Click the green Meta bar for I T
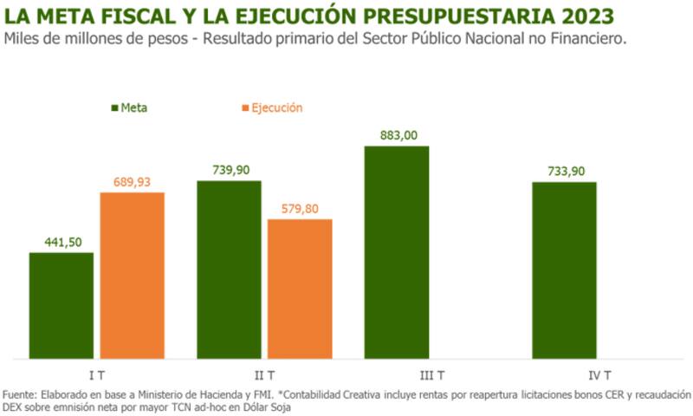[x=62, y=305]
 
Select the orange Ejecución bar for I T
[x=133, y=275]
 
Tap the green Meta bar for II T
[x=229, y=269]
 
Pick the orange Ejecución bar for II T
[x=300, y=289]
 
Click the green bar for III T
[x=397, y=251]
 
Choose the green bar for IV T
[x=564, y=270]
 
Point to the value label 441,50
[x=62, y=243]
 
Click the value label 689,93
[x=133, y=182]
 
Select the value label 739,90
[x=229, y=171]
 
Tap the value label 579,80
[x=300, y=210]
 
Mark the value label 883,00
[x=397, y=135]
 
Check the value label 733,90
[x=564, y=172]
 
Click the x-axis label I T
[x=97, y=375]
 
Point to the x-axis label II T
[x=264, y=375]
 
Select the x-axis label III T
[x=431, y=375]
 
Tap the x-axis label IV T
[x=599, y=375]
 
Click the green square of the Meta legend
[x=114, y=108]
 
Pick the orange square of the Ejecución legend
[x=244, y=108]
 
